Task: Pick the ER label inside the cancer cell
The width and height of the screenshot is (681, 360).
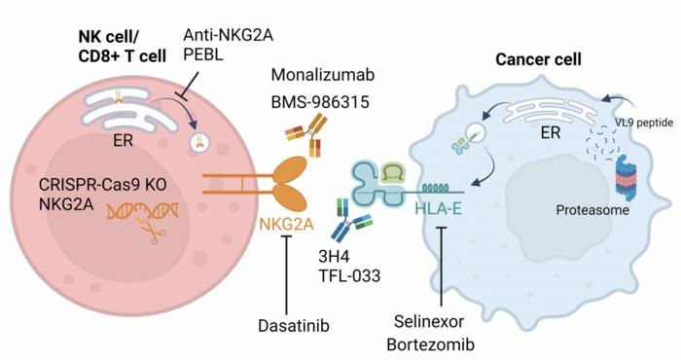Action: click(537, 140)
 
